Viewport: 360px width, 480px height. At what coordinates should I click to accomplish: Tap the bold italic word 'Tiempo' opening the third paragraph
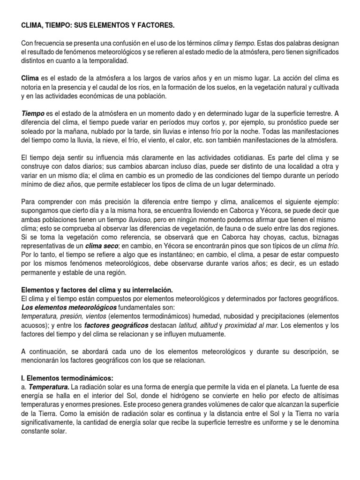coord(33,114)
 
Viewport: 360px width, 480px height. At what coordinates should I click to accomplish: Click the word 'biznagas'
coord(324,237)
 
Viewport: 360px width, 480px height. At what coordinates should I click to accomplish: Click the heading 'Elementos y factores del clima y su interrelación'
coord(97,291)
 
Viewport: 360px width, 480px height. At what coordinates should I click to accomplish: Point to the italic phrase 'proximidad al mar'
coord(251,325)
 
